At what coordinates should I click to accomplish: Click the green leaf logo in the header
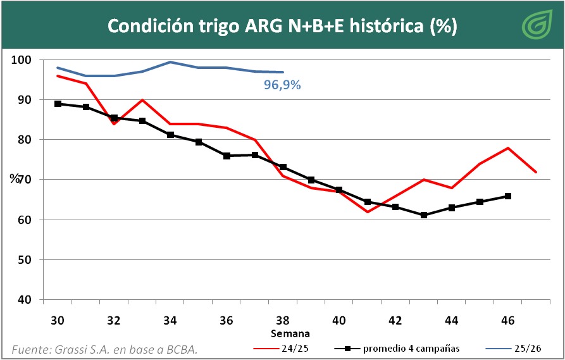click(x=537, y=25)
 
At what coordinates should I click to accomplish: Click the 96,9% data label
click(x=282, y=84)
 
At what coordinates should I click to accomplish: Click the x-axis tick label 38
click(x=283, y=321)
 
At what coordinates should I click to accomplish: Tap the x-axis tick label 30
click(x=58, y=321)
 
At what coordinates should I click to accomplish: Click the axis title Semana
click(x=290, y=333)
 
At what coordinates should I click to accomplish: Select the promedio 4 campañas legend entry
click(x=395, y=349)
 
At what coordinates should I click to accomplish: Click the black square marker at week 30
click(x=58, y=104)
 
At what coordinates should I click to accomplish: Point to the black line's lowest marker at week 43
click(x=423, y=215)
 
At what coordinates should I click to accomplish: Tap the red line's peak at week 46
click(x=508, y=148)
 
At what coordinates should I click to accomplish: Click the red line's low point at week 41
click(x=367, y=212)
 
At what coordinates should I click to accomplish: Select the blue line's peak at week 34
click(x=170, y=62)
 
